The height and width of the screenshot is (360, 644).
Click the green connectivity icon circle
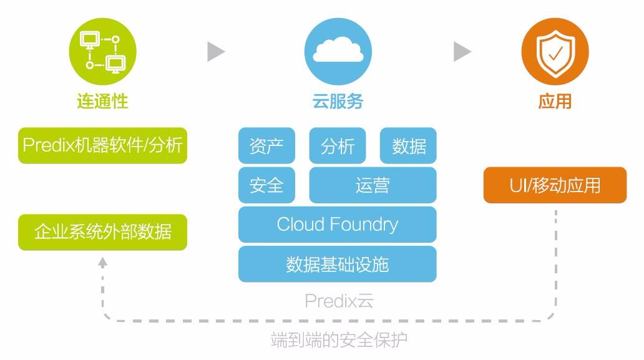(102, 52)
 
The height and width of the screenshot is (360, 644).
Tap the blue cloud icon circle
(338, 52)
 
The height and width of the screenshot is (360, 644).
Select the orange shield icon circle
(555, 52)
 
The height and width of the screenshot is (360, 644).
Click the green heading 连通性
(102, 101)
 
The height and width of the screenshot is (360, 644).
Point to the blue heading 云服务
(338, 101)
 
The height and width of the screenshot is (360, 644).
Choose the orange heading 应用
(555, 101)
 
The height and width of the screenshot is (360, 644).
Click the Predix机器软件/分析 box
(102, 145)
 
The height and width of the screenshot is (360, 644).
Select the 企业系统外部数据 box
(102, 232)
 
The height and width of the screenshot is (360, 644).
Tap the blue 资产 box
(266, 146)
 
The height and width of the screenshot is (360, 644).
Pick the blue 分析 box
(338, 146)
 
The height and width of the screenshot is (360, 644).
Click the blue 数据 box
(408, 146)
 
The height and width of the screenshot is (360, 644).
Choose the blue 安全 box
(266, 185)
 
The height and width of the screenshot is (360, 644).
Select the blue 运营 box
(373, 185)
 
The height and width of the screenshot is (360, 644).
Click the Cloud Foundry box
(338, 225)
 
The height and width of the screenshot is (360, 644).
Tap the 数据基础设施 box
(338, 264)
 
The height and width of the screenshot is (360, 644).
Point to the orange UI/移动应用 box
(555, 185)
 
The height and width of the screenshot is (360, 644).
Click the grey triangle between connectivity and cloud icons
(216, 52)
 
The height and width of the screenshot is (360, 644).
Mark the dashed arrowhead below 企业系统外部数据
(103, 263)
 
